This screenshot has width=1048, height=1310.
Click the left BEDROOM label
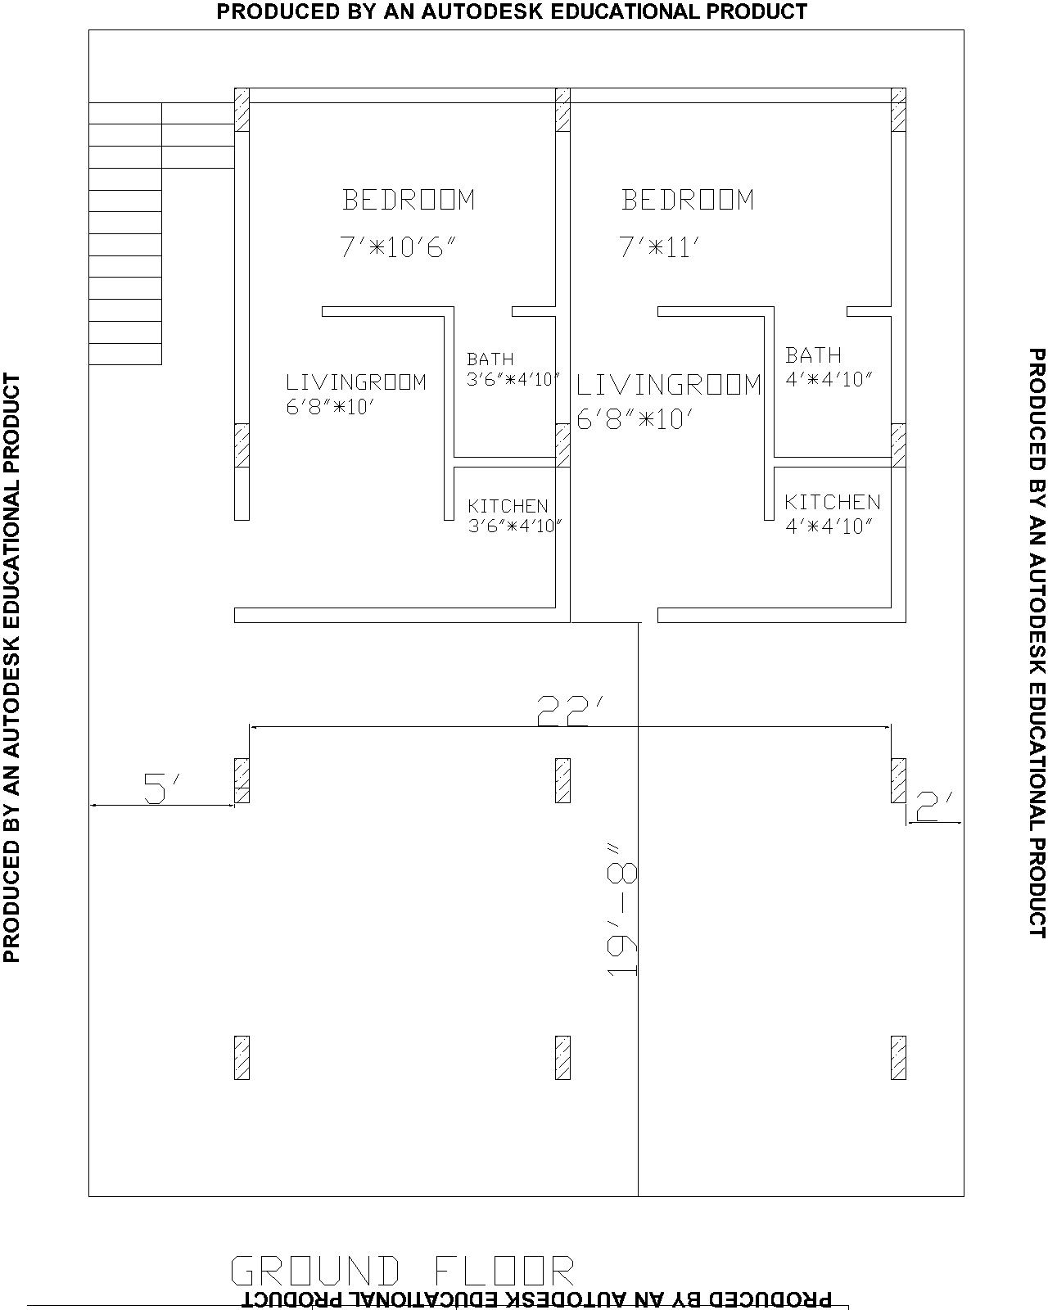(408, 200)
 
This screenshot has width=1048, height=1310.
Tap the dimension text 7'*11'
(659, 248)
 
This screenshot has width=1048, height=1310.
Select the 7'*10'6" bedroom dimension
(398, 248)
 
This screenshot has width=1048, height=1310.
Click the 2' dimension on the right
(933, 806)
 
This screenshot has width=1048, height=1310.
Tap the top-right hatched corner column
(898, 110)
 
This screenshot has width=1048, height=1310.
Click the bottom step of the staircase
(125, 354)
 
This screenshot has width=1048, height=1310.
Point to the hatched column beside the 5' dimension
(242, 780)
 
